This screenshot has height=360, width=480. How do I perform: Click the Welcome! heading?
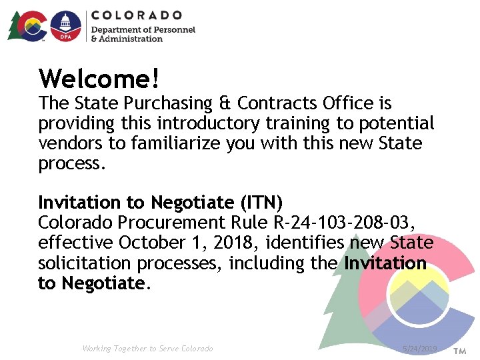click(99, 79)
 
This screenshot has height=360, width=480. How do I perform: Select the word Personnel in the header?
click(173, 29)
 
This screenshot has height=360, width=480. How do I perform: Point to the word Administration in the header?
click(131, 39)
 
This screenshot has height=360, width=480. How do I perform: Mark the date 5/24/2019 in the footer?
click(419, 349)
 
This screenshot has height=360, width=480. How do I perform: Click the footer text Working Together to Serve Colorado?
click(147, 349)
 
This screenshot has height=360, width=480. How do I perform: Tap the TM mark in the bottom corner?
click(460, 350)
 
